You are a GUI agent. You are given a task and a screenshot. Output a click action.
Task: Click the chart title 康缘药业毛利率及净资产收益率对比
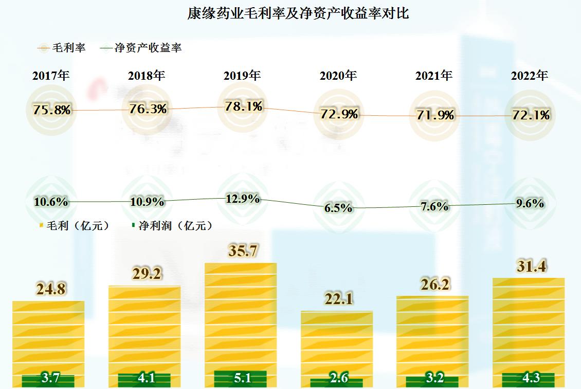(x=298, y=14)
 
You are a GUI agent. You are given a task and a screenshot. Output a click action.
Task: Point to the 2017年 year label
(x=51, y=76)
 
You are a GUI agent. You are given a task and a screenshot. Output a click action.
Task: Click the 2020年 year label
(x=338, y=76)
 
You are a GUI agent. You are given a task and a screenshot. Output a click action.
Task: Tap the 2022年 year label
(x=530, y=76)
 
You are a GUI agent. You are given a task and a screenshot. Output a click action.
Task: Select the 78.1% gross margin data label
(x=244, y=107)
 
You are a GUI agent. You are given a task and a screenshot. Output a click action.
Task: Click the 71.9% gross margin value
(x=435, y=115)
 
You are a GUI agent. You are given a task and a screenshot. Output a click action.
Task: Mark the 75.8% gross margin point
(x=51, y=110)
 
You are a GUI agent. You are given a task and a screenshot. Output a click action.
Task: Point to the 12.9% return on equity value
(x=243, y=199)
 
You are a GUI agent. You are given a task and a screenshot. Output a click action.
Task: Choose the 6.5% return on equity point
(x=338, y=208)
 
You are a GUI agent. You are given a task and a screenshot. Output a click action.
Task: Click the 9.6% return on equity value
(x=530, y=203)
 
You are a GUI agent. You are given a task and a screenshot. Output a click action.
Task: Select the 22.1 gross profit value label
(x=338, y=299)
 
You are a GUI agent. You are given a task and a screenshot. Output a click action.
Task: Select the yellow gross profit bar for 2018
(x=144, y=329)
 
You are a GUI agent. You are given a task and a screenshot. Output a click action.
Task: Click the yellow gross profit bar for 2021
(x=432, y=334)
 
